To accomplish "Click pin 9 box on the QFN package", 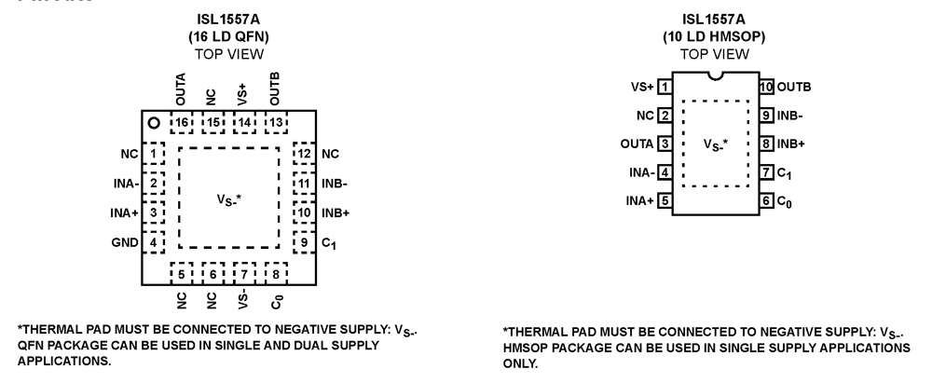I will tap(304, 242).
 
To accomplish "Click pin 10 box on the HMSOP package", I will tap(766, 87).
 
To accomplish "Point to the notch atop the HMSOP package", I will tap(716, 75).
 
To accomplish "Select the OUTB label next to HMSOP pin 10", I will tap(793, 87).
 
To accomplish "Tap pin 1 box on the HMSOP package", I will tap(665, 87).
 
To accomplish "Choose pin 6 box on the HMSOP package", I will tap(766, 199).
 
